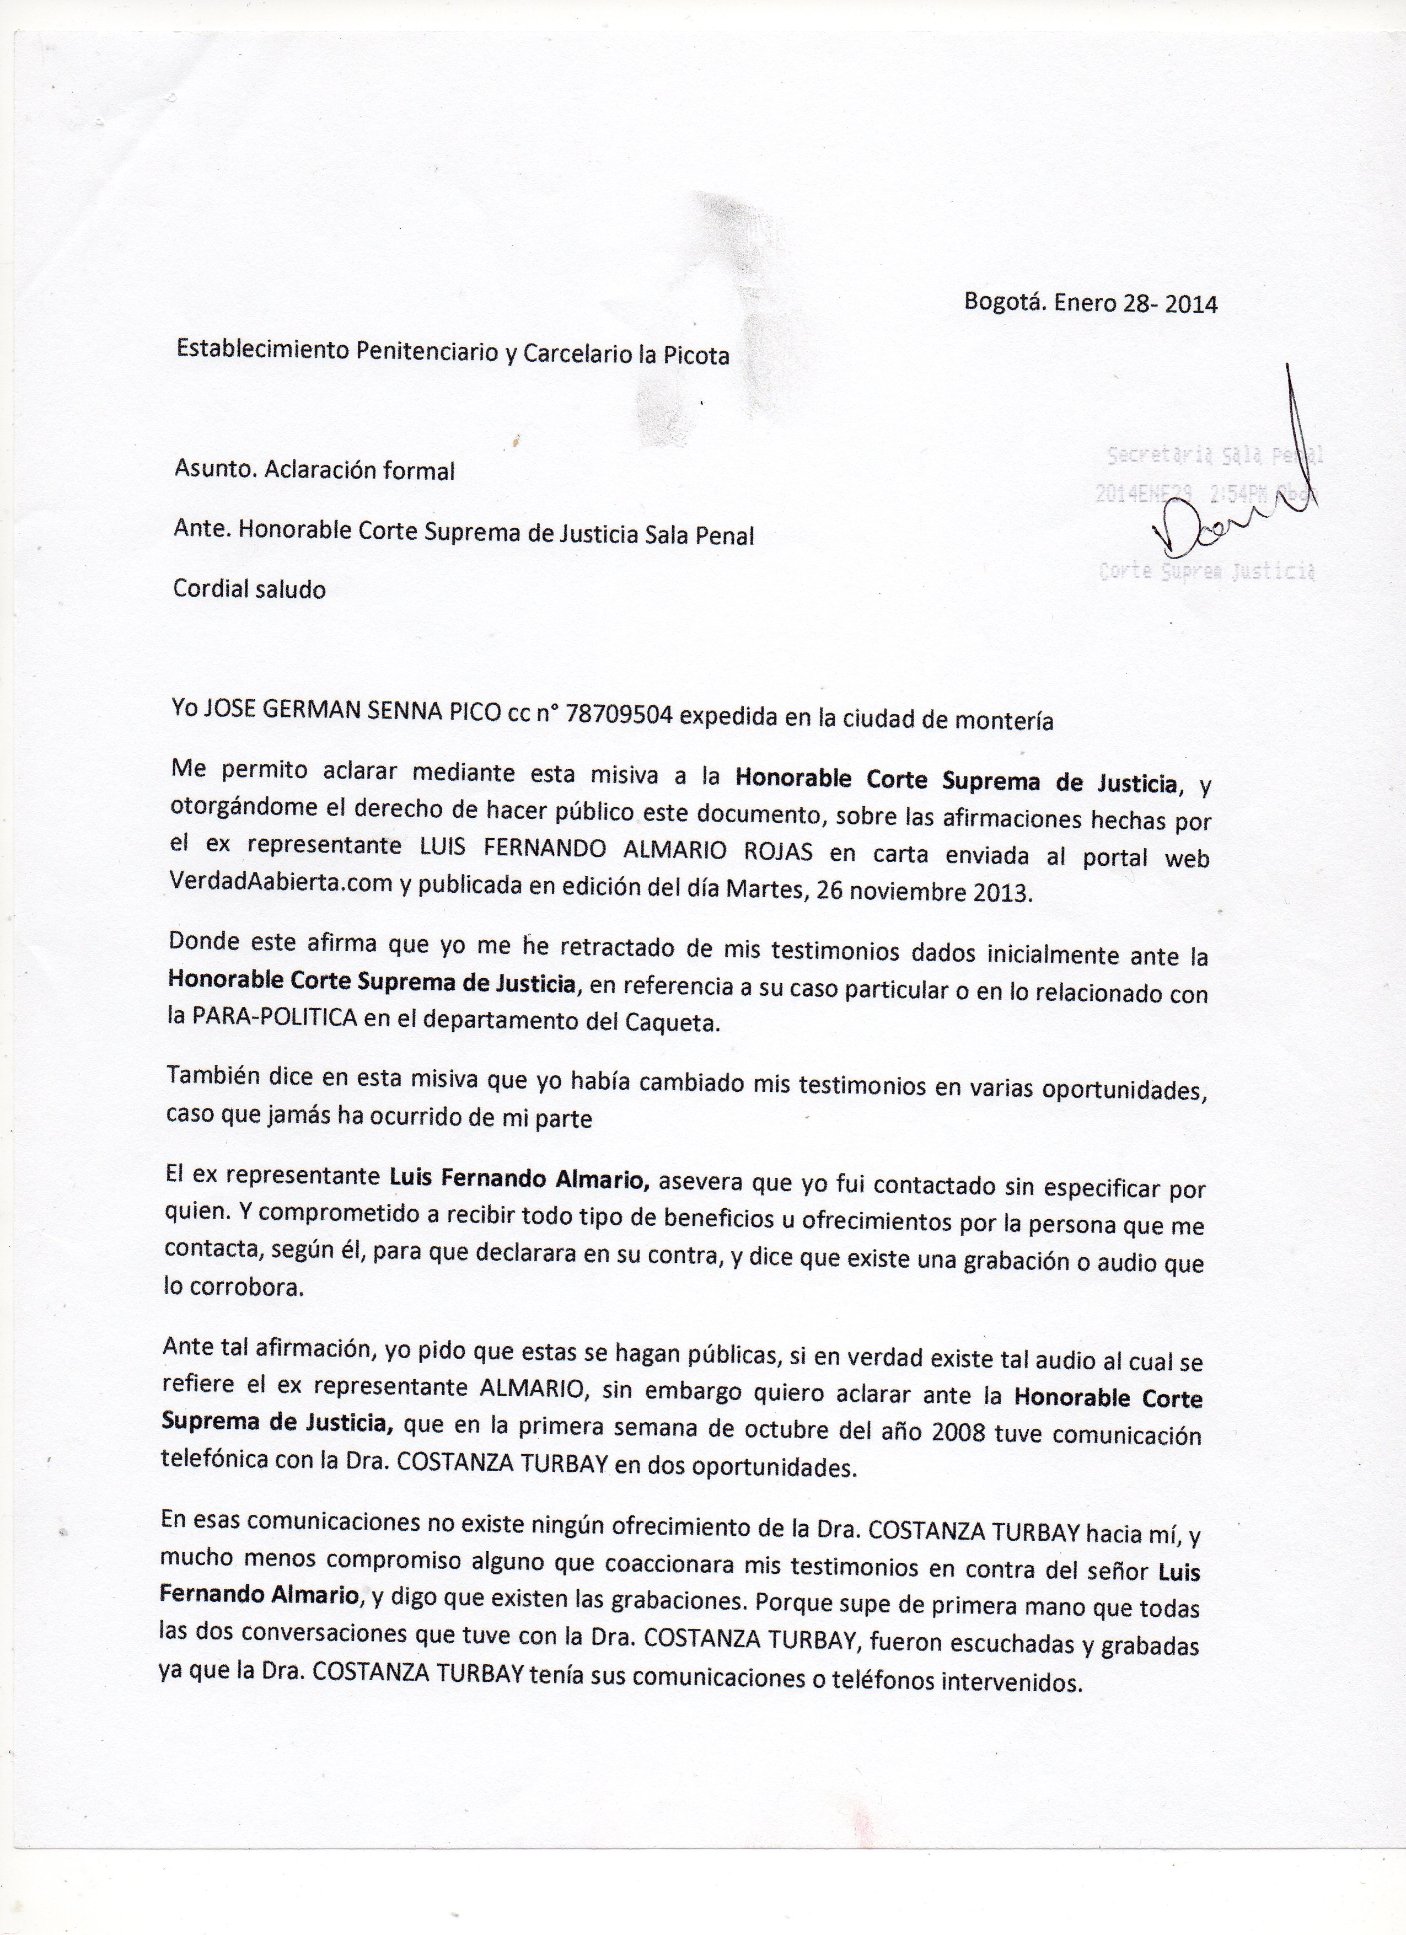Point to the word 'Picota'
(699, 355)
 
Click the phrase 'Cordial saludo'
(249, 589)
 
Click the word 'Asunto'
(213, 469)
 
